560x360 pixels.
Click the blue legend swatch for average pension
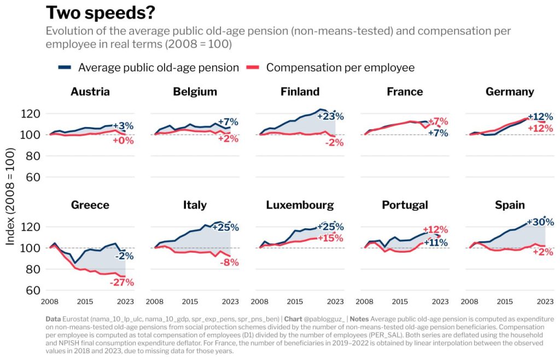click(x=65, y=68)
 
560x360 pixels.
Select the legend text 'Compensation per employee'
click(x=340, y=68)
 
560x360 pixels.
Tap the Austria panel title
click(x=90, y=91)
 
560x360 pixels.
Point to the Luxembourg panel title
click(x=300, y=205)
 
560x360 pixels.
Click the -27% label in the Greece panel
click(x=121, y=282)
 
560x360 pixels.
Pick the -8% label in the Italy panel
click(x=228, y=262)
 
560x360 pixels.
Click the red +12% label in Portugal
click(x=435, y=230)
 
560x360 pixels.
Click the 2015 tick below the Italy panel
click(x=190, y=301)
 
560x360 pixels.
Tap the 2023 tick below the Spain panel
click(x=545, y=301)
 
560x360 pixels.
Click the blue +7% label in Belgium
click(x=227, y=121)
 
